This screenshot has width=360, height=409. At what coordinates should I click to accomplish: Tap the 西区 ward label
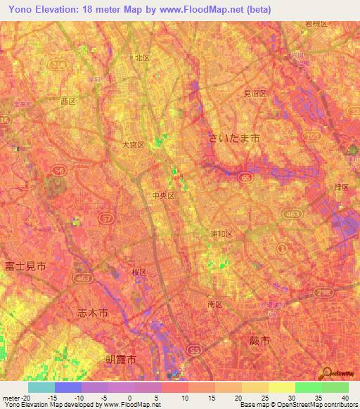tap(68, 101)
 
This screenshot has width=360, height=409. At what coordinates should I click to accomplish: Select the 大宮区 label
tap(133, 145)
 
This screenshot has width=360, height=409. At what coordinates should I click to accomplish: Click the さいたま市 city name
tap(234, 138)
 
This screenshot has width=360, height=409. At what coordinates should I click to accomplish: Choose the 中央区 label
tap(162, 196)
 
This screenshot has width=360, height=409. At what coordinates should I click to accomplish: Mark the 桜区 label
tap(139, 272)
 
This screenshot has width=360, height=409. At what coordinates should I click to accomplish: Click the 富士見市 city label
tap(25, 266)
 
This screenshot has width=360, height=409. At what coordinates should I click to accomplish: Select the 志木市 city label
tap(92, 314)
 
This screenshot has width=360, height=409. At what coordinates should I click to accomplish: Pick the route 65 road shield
tap(245, 178)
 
